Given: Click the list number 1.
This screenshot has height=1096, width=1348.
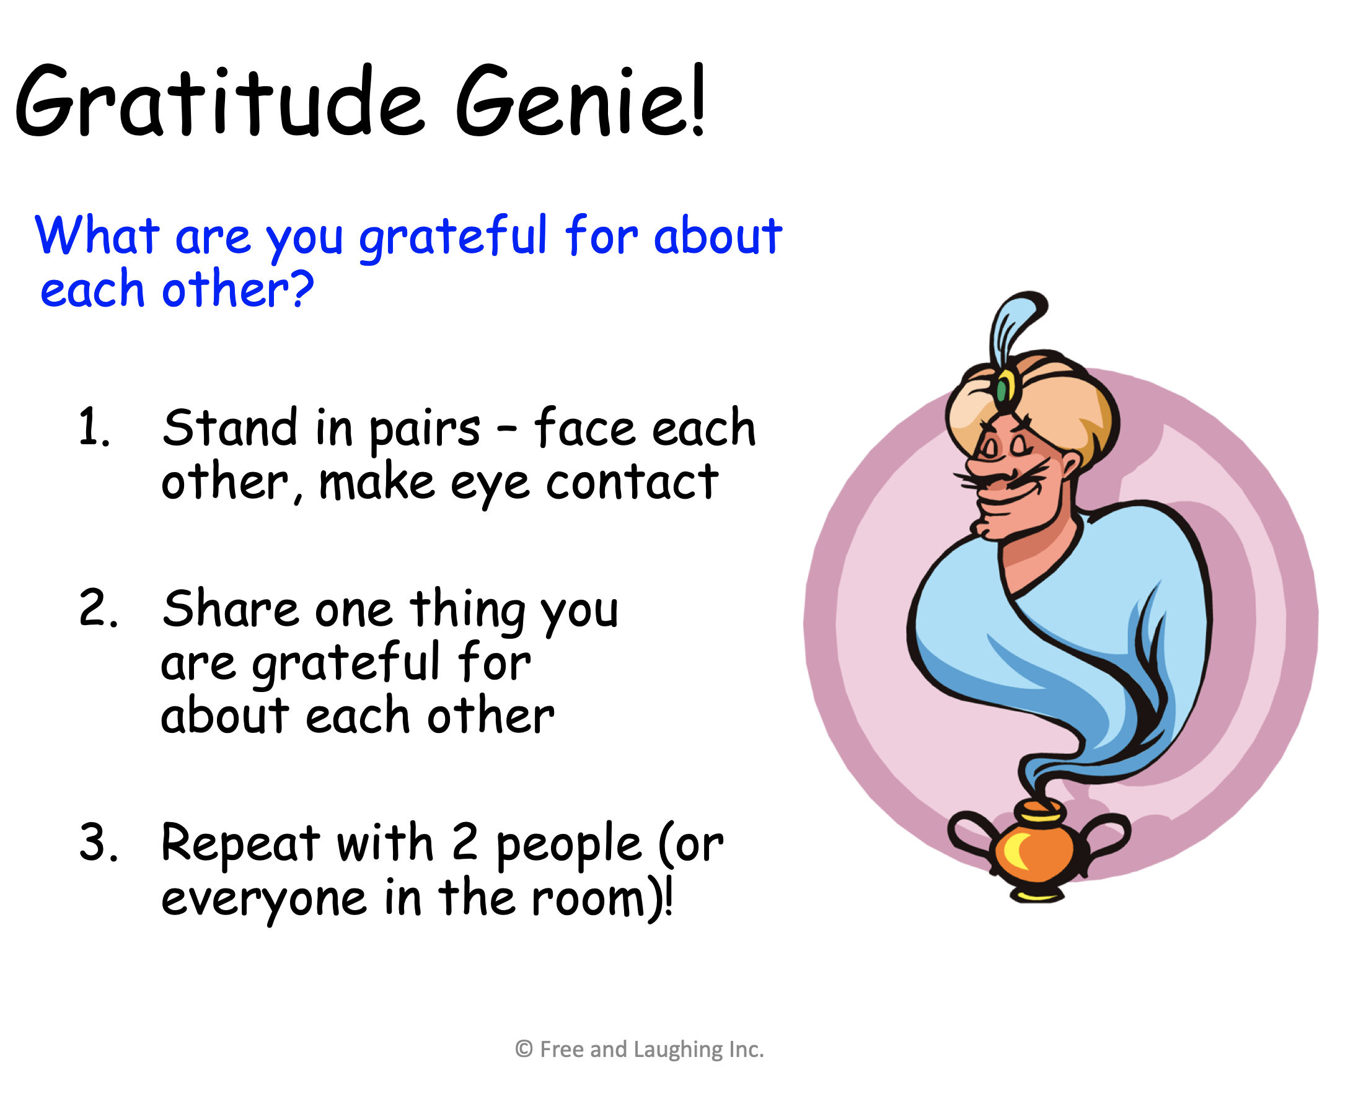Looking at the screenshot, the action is tap(94, 427).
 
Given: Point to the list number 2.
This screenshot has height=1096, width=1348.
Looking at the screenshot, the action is tap(99, 608).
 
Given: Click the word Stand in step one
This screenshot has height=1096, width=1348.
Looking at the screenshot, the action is tap(230, 427).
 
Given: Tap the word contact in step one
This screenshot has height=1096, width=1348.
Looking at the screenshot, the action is tap(632, 482).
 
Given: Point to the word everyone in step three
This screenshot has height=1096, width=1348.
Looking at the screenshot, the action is tap(264, 900).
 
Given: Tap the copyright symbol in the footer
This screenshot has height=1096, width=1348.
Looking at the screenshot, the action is tap(524, 1049).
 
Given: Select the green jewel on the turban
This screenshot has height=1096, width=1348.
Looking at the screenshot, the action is tap(1002, 390).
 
